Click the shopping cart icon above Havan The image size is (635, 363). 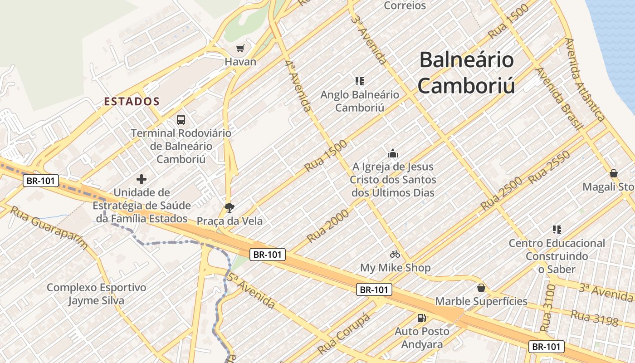tap(240, 48)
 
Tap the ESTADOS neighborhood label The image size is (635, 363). tap(132, 101)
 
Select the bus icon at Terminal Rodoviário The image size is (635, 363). tap(181, 120)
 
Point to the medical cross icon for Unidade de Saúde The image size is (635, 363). tap(142, 179)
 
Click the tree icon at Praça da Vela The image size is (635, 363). tap(230, 208)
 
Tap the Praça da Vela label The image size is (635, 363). tap(230, 221)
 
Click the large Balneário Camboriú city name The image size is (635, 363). tap(466, 73)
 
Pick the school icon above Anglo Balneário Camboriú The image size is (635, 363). tap(360, 81)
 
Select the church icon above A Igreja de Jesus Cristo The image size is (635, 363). tap(393, 153)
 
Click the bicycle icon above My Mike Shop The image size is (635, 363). tap(395, 254)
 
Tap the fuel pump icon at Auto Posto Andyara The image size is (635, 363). tap(422, 318)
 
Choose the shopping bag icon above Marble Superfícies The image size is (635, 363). tap(481, 288)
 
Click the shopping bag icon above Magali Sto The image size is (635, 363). tap(614, 173)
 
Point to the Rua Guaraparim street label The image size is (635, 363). tap(49, 228)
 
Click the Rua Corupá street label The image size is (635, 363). tap(344, 334)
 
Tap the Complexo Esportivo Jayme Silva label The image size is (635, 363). tap(96, 294)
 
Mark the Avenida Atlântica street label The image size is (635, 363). tap(585, 80)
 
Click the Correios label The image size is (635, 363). tap(405, 5)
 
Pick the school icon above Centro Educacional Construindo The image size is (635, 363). tap(557, 230)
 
